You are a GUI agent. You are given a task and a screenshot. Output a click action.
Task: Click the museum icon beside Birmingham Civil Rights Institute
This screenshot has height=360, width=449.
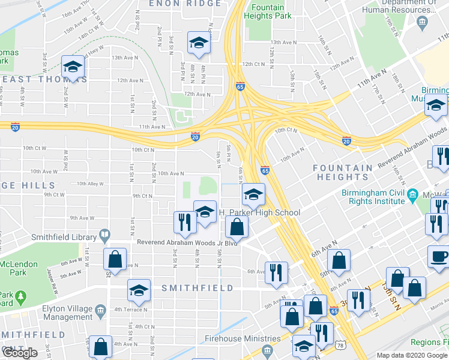412,195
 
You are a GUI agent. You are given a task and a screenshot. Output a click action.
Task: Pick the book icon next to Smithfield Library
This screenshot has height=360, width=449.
104,233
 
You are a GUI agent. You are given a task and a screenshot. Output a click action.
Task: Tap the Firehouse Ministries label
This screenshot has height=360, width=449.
232,338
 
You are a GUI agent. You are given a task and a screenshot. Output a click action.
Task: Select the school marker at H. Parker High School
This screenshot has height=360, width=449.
253,195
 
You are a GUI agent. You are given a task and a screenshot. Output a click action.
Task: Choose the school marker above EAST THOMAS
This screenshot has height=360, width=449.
73,68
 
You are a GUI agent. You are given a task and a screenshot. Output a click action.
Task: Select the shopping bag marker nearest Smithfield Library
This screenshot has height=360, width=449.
115,260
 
